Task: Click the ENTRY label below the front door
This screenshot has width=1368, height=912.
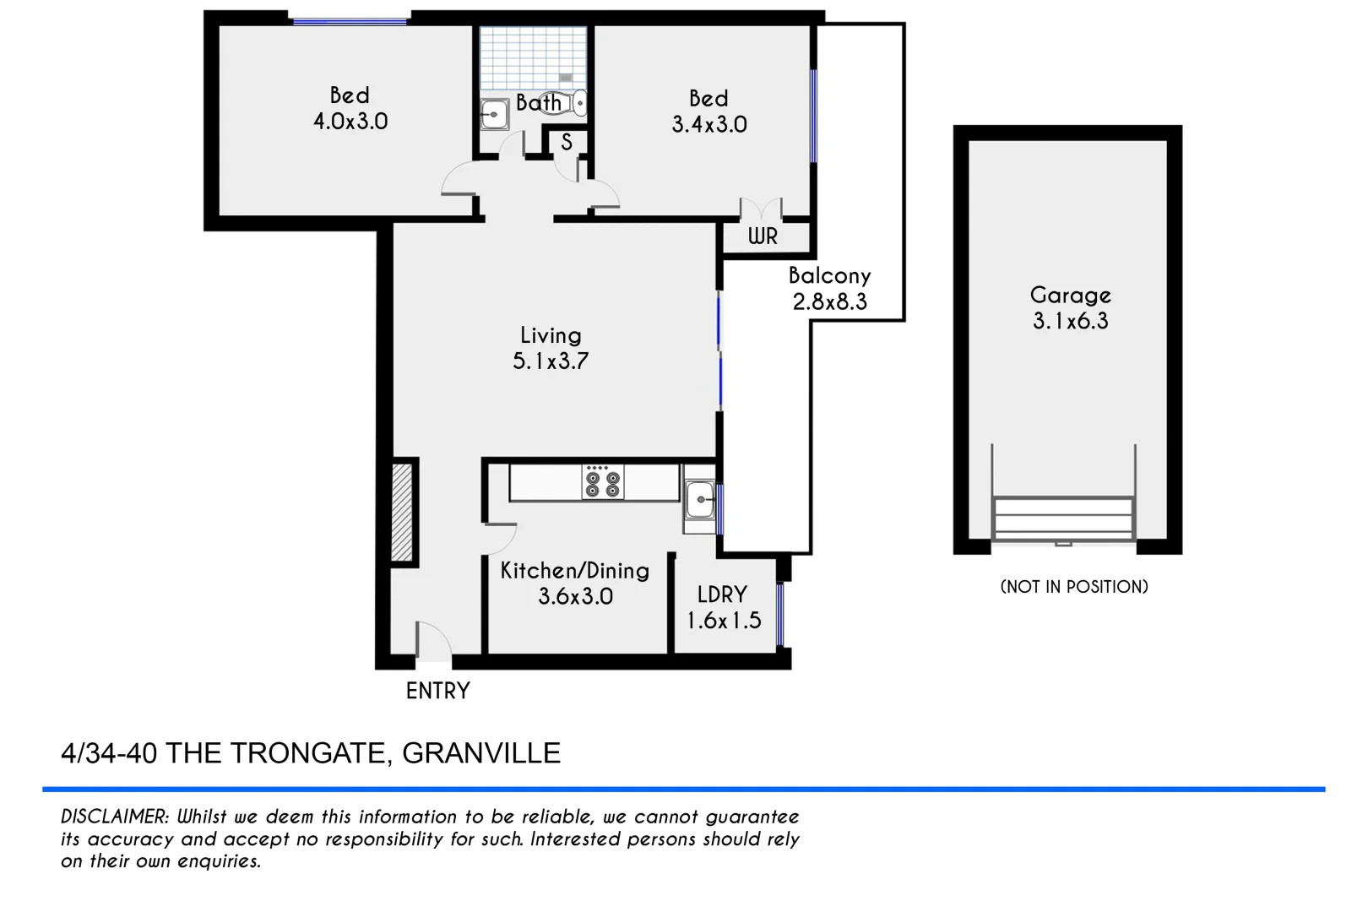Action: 437,691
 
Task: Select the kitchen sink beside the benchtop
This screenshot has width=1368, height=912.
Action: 699,501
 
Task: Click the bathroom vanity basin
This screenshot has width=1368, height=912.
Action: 493,113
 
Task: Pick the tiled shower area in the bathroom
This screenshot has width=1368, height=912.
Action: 533,57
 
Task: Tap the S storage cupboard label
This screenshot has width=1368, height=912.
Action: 567,143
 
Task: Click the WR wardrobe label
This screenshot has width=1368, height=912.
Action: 763,236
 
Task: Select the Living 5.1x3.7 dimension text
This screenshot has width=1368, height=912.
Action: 551,361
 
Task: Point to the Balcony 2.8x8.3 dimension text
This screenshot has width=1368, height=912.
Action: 830,301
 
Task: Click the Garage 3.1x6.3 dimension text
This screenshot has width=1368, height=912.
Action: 1070,321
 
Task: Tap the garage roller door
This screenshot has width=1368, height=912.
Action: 1063,518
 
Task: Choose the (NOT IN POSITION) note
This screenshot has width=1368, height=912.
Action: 1074,587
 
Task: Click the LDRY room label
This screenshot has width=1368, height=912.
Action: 722,594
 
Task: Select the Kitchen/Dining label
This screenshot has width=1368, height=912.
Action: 575,571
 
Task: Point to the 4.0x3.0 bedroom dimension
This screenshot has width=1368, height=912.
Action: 350,122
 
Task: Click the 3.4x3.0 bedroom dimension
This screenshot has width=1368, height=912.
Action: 709,125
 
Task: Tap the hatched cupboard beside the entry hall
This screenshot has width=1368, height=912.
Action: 402,512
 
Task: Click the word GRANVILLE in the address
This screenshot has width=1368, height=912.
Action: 481,753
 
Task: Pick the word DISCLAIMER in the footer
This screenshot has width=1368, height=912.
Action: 115,817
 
